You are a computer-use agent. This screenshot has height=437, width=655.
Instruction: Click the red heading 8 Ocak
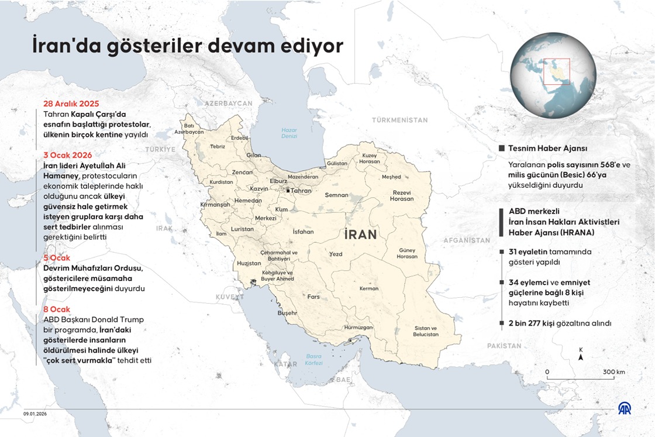point(57,309)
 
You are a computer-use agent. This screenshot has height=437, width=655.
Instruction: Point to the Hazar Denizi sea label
point(289,133)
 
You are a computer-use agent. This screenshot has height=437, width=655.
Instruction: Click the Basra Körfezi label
point(314,359)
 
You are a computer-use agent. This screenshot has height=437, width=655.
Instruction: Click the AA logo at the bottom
point(625,409)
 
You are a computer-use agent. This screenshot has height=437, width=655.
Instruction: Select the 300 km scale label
point(614,372)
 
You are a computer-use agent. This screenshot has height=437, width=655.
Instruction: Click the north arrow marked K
point(580,353)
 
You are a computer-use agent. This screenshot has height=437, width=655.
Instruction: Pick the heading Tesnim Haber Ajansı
point(547,149)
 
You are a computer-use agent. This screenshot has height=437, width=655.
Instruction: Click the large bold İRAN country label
point(361,235)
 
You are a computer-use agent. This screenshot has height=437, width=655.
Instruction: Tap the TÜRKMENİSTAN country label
point(400,120)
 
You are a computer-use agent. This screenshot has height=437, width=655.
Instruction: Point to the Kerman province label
point(369,288)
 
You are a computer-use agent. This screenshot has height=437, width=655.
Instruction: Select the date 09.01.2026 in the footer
point(35,414)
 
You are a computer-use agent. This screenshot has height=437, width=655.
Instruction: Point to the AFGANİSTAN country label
point(466,240)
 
